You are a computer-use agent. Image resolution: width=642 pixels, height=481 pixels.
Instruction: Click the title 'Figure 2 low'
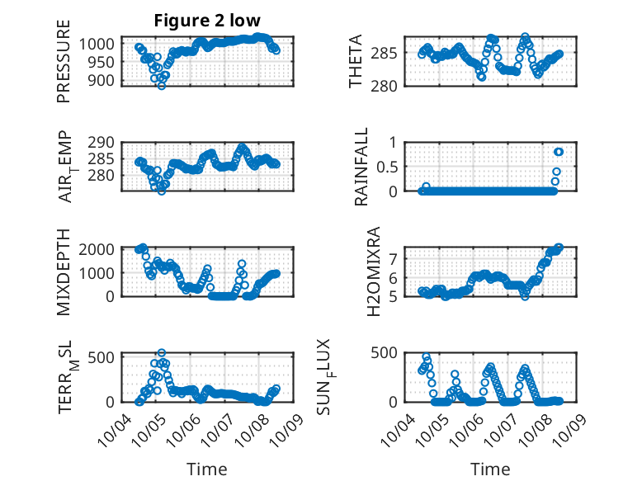pyautogui.click(x=207, y=21)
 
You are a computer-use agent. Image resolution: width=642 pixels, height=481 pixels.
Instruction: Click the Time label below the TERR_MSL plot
pyautogui.click(x=207, y=469)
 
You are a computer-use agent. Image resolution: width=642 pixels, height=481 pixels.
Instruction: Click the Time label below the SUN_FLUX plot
pyautogui.click(x=490, y=469)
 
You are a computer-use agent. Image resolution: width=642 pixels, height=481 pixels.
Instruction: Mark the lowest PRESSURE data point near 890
pyautogui.click(x=161, y=85)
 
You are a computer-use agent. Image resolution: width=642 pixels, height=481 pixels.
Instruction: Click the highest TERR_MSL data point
pyautogui.click(x=162, y=353)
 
